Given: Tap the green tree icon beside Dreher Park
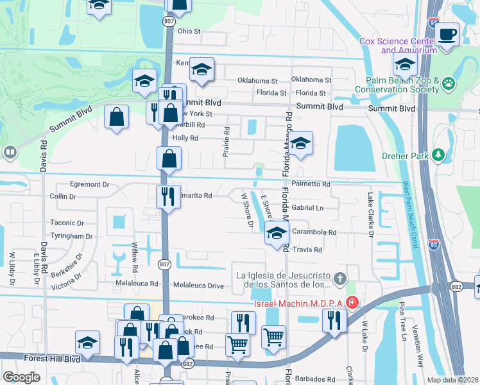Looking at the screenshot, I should coord(439,154).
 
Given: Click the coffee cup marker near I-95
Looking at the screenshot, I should coord(447,34).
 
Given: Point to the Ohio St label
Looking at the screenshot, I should coord(189,31).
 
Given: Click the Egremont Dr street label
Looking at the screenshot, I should coord(90,184).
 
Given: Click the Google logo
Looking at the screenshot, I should coord(22,377).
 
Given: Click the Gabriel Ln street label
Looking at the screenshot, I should coord(307,209).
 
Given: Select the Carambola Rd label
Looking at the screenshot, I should coord(314,232).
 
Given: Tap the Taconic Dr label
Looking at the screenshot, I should coord(67,223).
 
